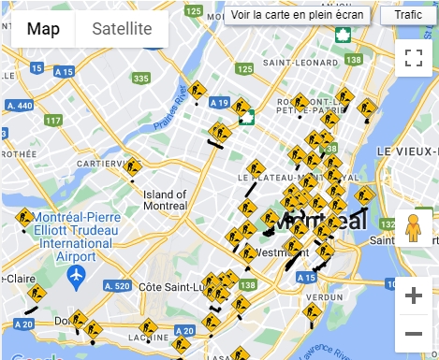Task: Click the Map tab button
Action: click(x=43, y=29)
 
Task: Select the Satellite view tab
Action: click(x=122, y=29)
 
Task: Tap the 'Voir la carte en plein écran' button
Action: click(x=297, y=15)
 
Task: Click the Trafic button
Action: click(x=408, y=15)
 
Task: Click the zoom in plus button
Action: click(x=414, y=295)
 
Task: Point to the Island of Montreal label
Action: click(x=166, y=199)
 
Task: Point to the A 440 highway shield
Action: click(x=19, y=105)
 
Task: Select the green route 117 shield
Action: click(x=53, y=120)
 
